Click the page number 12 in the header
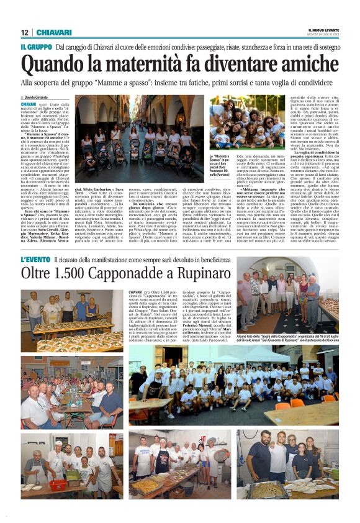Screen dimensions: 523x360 click(x=24, y=32)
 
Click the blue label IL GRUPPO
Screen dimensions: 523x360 click(x=36, y=47)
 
